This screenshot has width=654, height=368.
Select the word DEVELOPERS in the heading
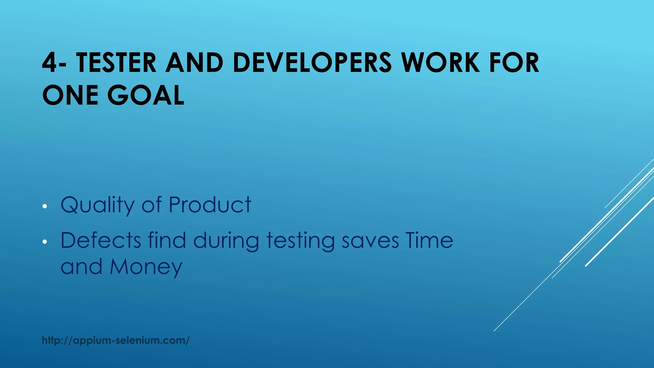click(312, 63)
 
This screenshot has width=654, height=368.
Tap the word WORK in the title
click(440, 63)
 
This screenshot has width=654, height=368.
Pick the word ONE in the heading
click(70, 96)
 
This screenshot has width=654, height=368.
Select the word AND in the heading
click(194, 63)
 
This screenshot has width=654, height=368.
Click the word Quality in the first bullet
click(97, 205)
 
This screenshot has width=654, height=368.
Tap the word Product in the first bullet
click(210, 205)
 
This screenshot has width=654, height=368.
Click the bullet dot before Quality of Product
click(45, 206)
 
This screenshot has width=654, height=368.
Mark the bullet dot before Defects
click(45, 242)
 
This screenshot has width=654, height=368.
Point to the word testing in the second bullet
click(300, 241)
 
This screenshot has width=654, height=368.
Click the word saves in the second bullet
click(370, 241)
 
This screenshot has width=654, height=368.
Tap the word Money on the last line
click(146, 267)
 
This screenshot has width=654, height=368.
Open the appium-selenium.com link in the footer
click(116, 341)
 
